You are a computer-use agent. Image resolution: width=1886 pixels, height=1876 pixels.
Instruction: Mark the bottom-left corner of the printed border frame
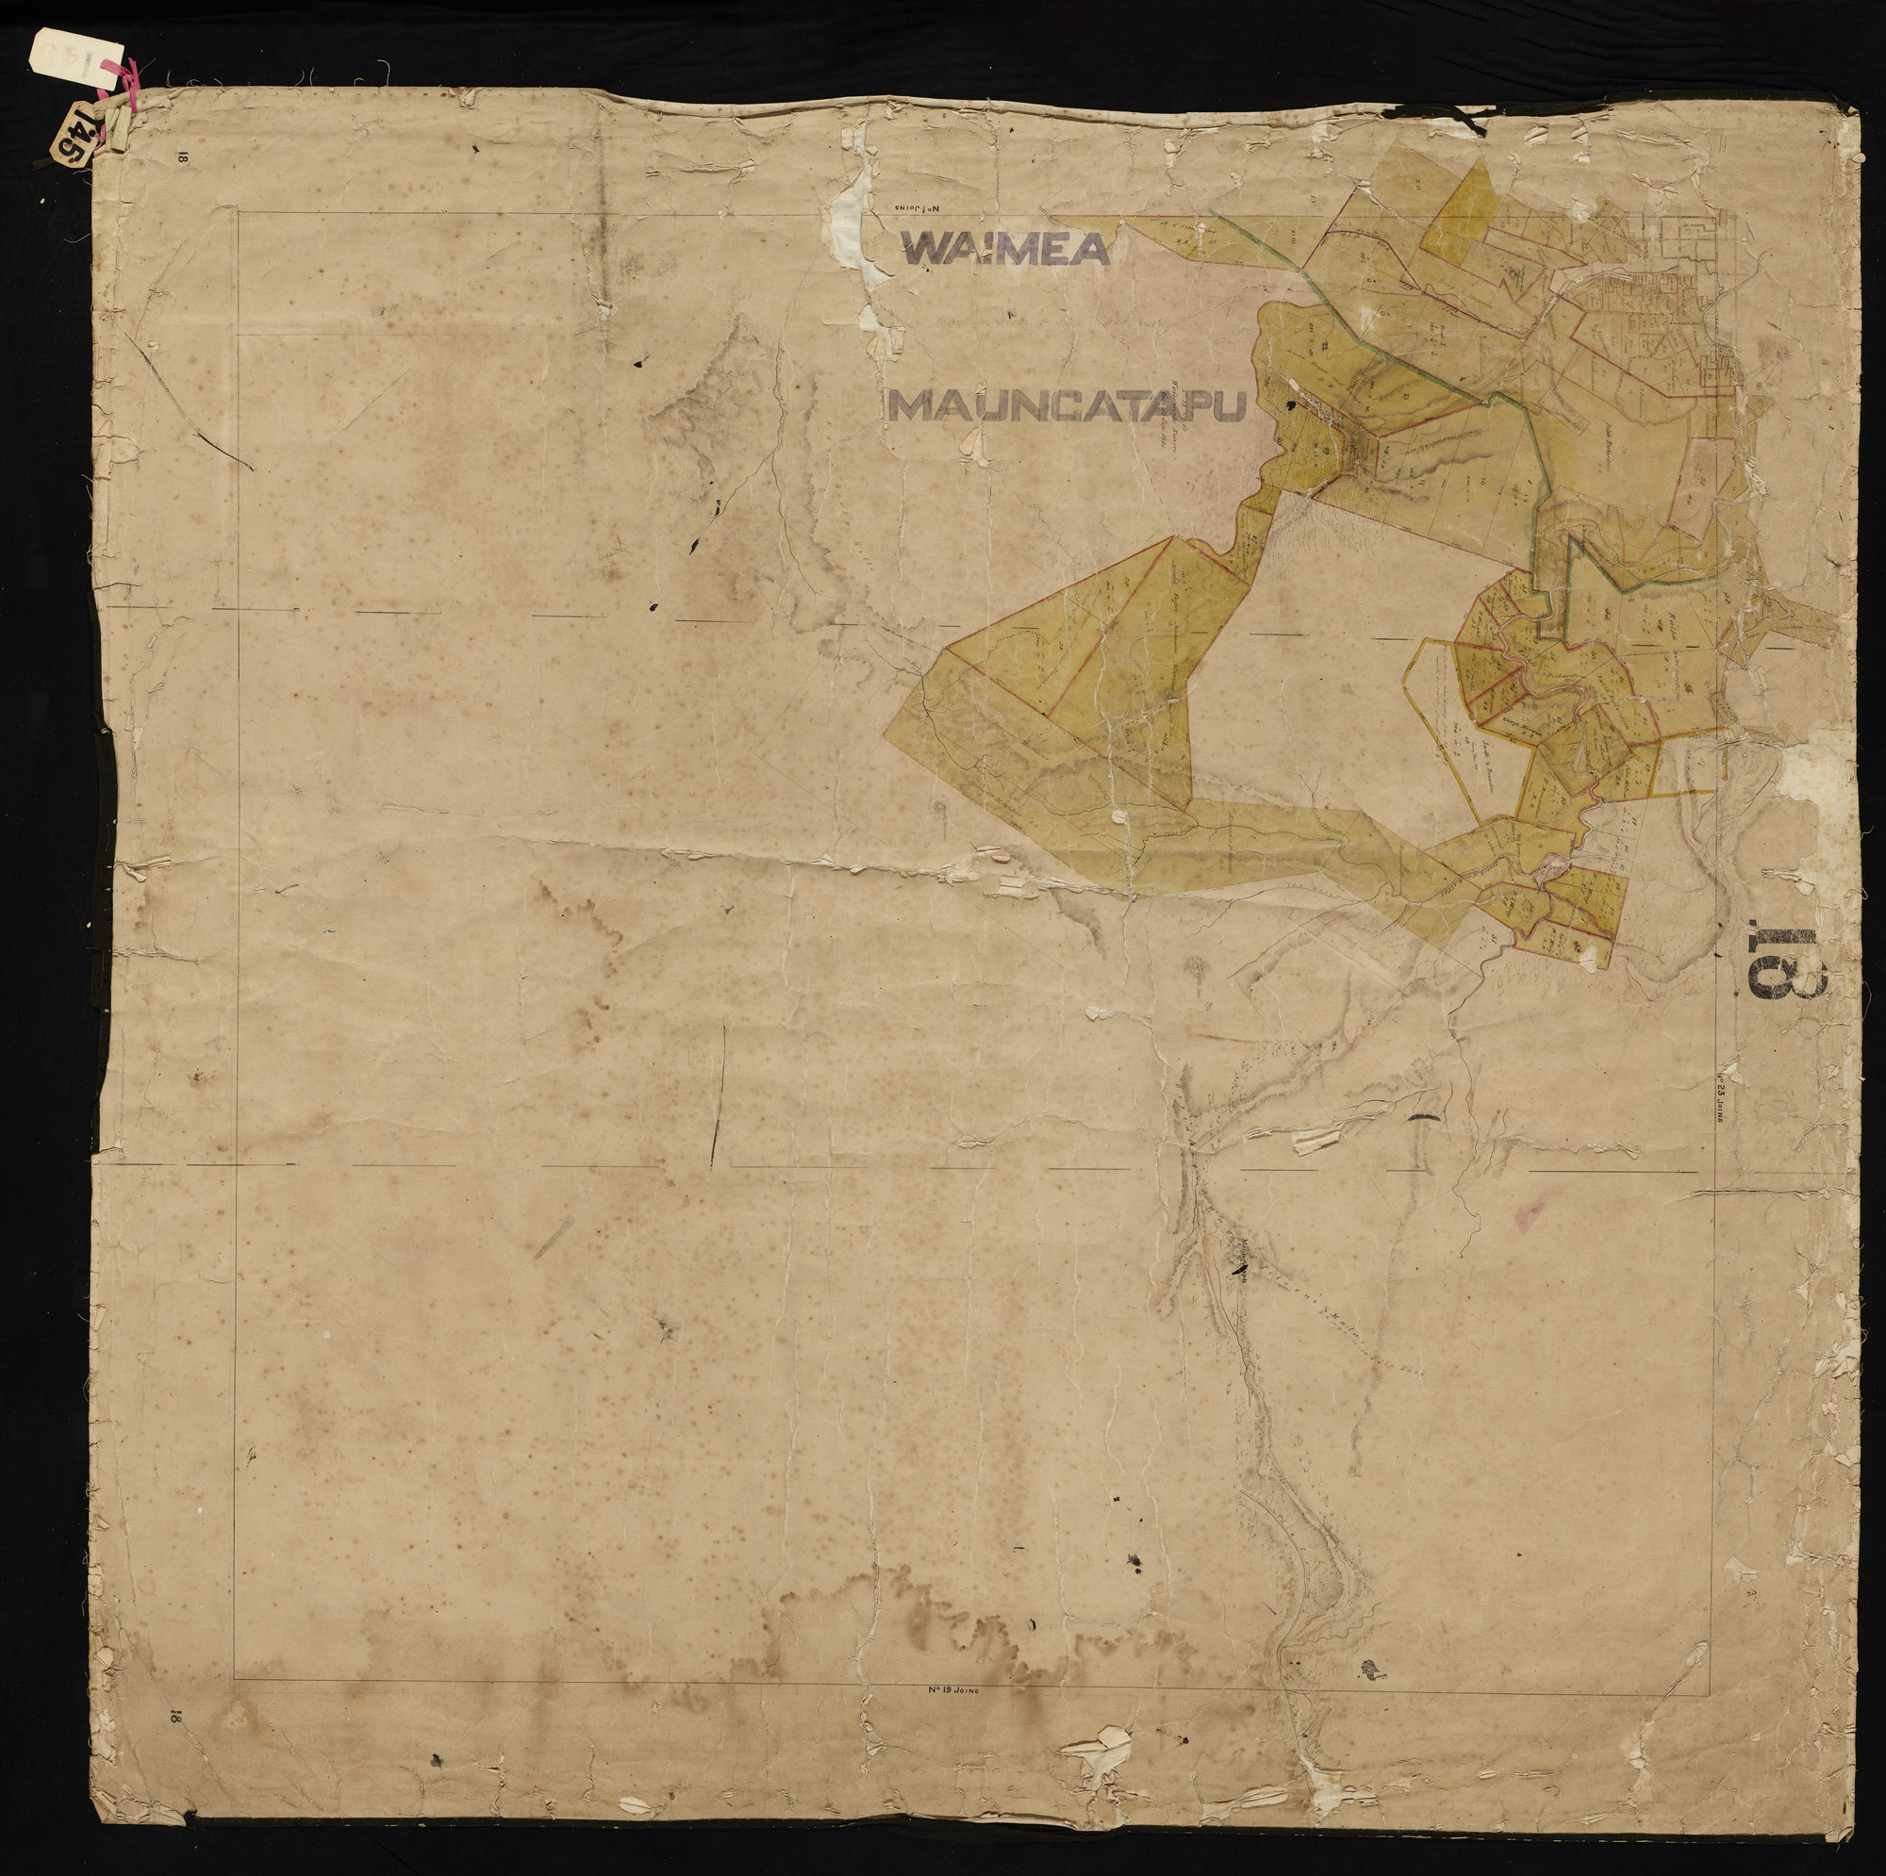pyautogui.click(x=234, y=996)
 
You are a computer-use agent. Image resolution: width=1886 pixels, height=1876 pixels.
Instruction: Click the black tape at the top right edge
pyautogui.click(x=1464, y=117)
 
